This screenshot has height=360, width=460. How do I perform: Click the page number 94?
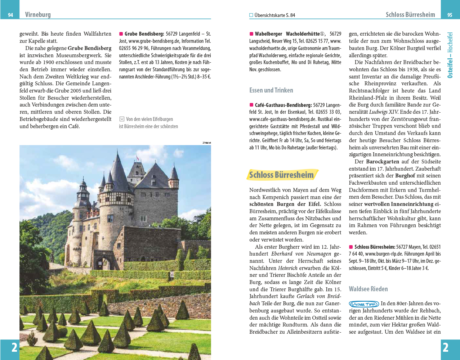(10, 15)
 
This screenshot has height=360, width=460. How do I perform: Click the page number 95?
(450, 15)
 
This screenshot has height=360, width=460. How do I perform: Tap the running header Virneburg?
(38, 15)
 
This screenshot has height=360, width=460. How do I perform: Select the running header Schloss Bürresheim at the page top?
(410, 15)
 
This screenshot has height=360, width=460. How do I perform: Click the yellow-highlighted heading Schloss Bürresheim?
(281, 175)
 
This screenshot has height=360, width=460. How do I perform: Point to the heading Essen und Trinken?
(271, 90)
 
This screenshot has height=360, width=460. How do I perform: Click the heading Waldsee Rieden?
(368, 289)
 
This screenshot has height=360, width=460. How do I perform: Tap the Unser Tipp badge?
(364, 304)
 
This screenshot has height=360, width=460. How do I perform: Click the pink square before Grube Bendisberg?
(121, 34)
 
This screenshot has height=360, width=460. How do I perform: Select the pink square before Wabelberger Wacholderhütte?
(251, 34)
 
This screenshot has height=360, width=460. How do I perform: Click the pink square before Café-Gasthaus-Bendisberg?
(251, 105)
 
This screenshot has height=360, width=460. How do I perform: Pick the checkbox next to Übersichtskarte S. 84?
(251, 15)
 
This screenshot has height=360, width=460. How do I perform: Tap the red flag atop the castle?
(137, 158)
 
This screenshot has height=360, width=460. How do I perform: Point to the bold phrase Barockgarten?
(383, 162)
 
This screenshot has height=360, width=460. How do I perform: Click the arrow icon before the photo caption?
(122, 119)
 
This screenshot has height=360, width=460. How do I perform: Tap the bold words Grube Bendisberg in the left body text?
(89, 48)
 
